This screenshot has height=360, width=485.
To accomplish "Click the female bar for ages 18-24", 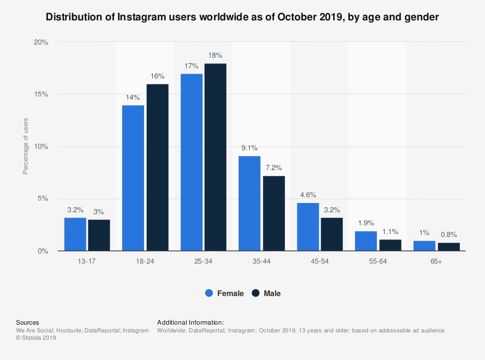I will click(x=133, y=178).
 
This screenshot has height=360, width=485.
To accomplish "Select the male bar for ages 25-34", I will click(x=215, y=157).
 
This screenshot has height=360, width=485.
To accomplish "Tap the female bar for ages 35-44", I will click(x=249, y=203).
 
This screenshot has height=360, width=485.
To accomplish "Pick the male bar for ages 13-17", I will click(x=99, y=235).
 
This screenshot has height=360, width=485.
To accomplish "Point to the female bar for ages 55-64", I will click(x=366, y=241).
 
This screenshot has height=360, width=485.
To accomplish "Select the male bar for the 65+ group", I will click(x=449, y=247).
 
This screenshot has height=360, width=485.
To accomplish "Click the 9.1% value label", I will click(x=249, y=148).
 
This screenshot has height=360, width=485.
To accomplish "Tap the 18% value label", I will click(x=215, y=55).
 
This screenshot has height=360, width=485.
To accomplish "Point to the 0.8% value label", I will click(x=449, y=235).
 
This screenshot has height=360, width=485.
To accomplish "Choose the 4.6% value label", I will click(x=307, y=195).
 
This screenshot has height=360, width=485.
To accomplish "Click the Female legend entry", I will click(x=224, y=293).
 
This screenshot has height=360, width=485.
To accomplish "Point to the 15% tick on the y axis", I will click(x=41, y=94).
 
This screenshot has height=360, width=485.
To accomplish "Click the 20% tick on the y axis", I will click(x=41, y=42).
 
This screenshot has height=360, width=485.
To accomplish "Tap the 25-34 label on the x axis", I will click(x=203, y=261).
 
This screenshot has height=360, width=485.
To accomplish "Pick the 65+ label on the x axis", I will click(x=436, y=261).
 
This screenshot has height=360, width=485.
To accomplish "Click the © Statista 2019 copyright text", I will click(x=36, y=338).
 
